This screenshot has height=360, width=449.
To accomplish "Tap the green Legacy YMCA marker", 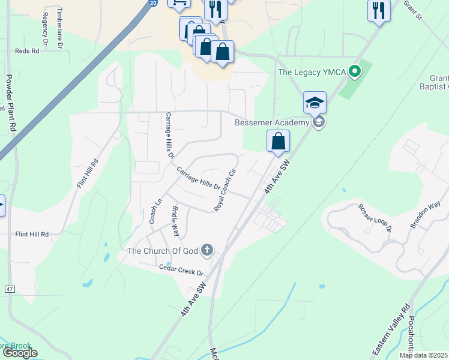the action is (x=355, y=73).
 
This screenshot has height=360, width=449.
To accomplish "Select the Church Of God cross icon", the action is (x=207, y=250).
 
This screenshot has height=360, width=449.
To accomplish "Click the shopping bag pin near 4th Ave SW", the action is (x=278, y=142).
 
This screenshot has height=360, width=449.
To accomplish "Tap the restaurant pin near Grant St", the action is (x=379, y=10).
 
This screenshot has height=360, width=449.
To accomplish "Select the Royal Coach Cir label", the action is (x=223, y=191).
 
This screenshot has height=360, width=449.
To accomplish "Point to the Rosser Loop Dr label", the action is (x=375, y=218).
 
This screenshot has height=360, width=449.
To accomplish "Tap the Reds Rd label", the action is (x=26, y=52).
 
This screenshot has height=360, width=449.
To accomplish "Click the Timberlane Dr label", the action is (x=59, y=23).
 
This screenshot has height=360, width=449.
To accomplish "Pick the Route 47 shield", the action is (x=10, y=289).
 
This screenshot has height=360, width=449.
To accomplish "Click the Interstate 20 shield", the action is (x=153, y=4).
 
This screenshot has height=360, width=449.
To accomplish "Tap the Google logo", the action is (x=19, y=353).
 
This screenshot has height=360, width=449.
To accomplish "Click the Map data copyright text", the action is (x=424, y=355).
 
